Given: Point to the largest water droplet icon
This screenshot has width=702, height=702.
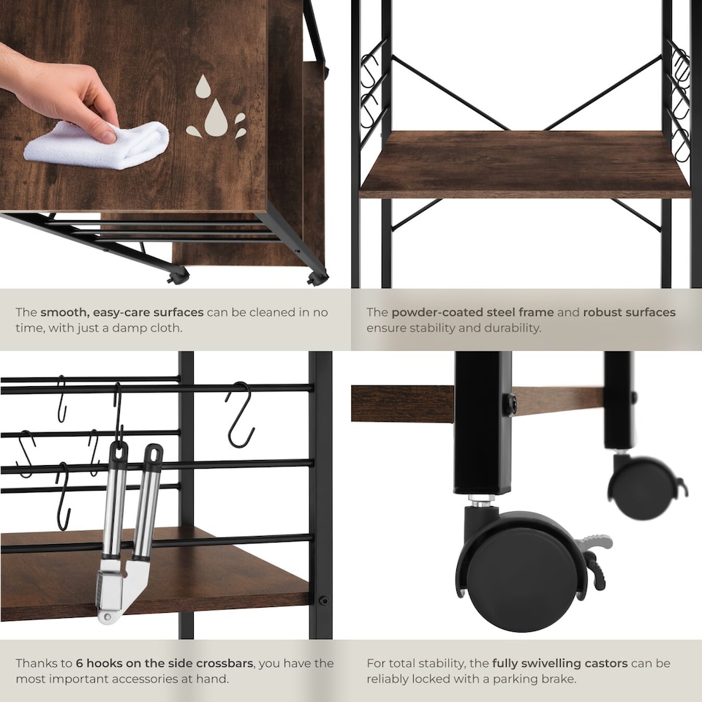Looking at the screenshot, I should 215,118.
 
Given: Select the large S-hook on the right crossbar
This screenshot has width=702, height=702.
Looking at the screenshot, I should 240,415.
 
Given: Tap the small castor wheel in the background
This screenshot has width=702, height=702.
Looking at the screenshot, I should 641,488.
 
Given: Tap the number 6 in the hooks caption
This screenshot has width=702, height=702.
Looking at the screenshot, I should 79,663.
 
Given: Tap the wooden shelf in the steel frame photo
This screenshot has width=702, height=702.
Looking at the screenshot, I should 525,165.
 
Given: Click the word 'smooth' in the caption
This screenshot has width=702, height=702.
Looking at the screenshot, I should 64,312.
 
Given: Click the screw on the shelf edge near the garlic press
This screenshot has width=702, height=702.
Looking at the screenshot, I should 322,600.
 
